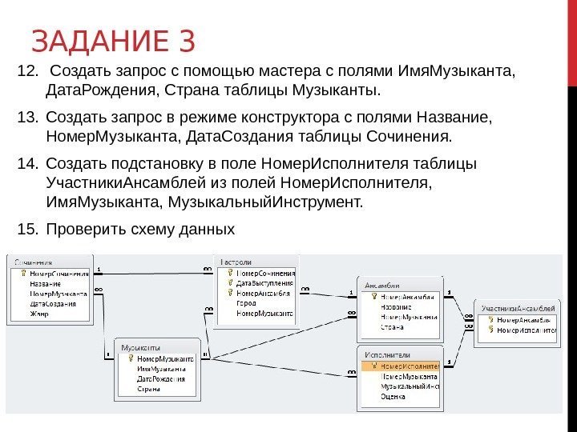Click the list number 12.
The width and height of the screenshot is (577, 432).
[x=26, y=74]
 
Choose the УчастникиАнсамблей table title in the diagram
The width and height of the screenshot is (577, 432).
[x=518, y=308]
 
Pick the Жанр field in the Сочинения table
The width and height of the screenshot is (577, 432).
[x=39, y=314]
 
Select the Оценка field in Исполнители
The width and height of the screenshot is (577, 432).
[x=393, y=395]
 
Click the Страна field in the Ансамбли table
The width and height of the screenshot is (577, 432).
[x=391, y=326]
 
